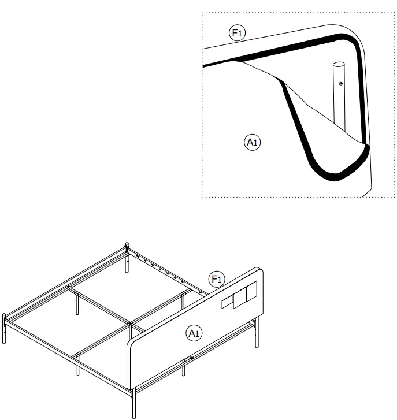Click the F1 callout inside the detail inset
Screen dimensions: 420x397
[x=238, y=34]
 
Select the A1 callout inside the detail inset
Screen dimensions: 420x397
[x=252, y=142]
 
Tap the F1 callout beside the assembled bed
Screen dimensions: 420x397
[x=216, y=280]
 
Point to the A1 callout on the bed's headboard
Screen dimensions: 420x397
[x=193, y=332]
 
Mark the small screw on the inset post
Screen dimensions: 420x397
[x=341, y=84]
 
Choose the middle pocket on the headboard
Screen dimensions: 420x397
[x=238, y=299]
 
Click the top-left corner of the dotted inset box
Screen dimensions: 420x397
[x=203, y=12]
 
